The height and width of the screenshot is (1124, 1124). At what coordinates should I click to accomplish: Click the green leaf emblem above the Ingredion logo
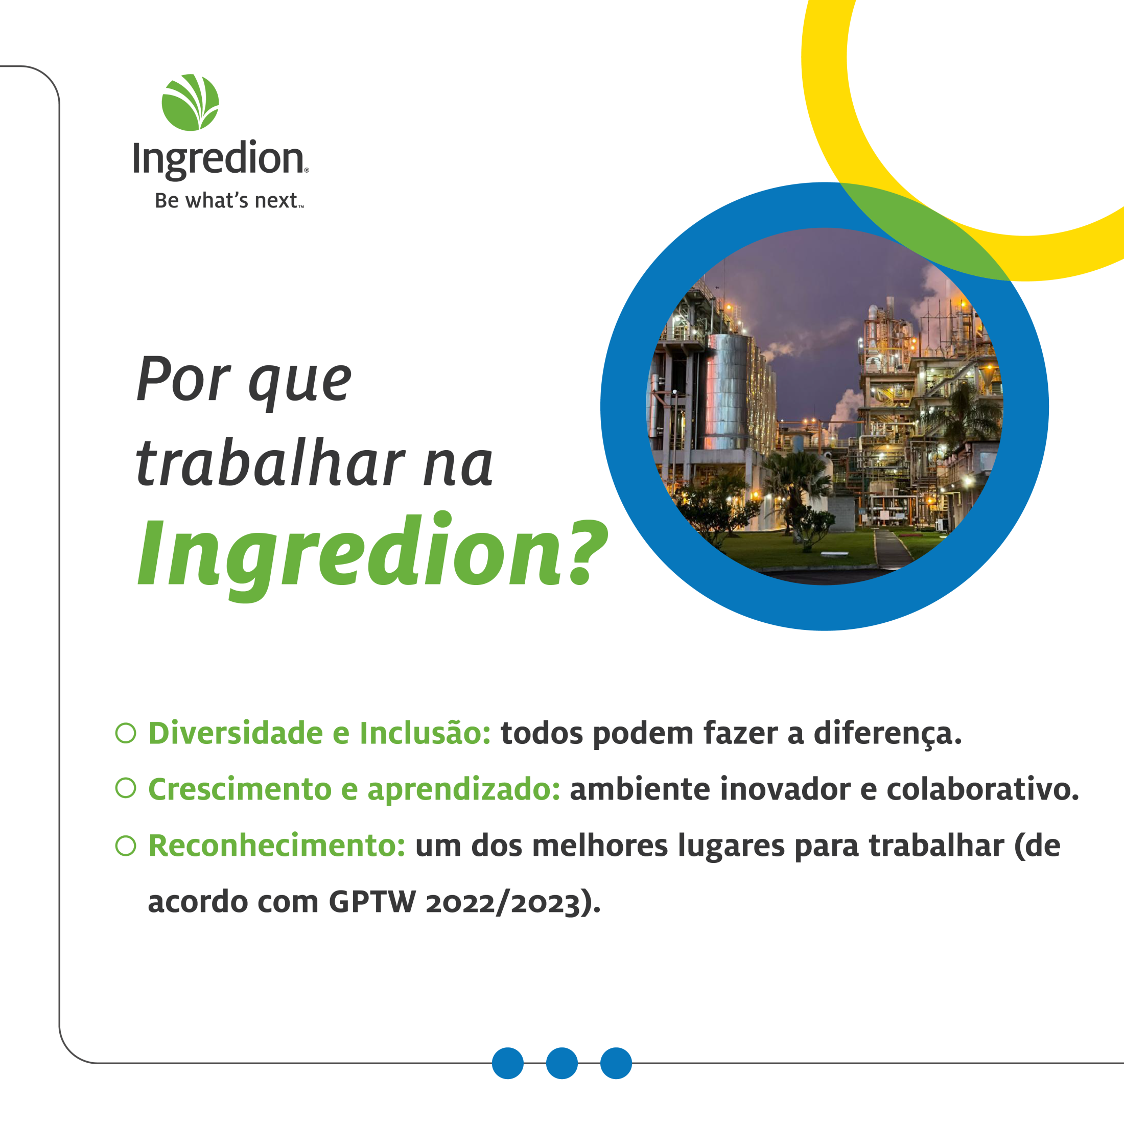tap(190, 102)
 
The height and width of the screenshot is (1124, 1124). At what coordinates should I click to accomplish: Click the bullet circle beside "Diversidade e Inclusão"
tap(126, 733)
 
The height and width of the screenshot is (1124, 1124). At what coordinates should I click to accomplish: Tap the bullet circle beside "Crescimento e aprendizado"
tap(126, 788)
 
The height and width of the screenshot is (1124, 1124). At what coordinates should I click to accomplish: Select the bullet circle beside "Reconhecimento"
tap(126, 846)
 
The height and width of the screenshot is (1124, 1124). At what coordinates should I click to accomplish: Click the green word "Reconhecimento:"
tap(277, 846)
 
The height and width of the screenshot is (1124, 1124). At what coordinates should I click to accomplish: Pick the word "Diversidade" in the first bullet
tap(236, 733)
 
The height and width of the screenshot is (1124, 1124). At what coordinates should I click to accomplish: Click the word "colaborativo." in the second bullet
tap(982, 789)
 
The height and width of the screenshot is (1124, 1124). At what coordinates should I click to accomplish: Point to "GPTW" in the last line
tap(372, 902)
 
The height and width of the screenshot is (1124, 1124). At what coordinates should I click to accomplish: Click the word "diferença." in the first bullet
tap(888, 734)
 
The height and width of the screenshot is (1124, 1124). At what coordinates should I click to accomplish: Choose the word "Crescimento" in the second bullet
tap(240, 789)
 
